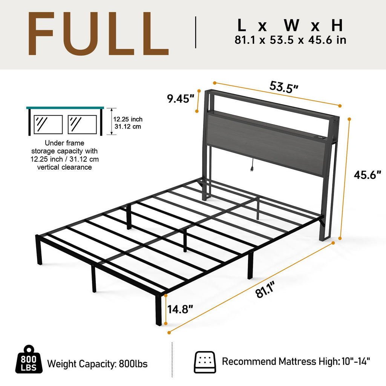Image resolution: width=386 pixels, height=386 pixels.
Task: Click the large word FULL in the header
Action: (x=98, y=35)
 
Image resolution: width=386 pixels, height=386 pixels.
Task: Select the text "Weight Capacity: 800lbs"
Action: (x=97, y=364)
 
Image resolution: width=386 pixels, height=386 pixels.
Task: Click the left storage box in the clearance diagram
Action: (x=48, y=124)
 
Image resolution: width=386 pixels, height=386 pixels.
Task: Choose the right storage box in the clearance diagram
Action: (x=82, y=124)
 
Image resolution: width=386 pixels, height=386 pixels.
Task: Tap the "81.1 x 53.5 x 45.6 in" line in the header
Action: (x=290, y=40)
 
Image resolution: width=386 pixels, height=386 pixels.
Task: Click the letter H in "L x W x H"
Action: (x=337, y=25)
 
